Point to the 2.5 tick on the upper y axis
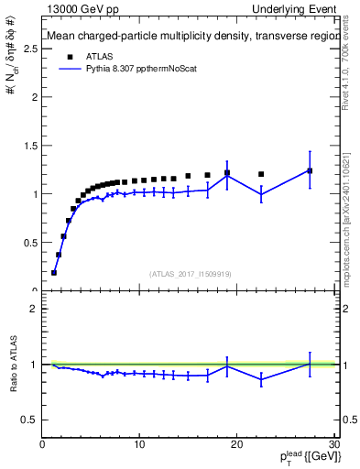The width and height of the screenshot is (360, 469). click(31, 48)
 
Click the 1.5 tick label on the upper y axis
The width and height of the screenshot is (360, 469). click(31, 146)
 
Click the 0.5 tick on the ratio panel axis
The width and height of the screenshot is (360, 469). click(31, 420)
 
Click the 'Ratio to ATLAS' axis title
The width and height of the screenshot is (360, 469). click(14, 364)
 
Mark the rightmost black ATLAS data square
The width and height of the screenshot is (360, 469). click(310, 170)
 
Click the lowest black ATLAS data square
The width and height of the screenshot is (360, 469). click(54, 272)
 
